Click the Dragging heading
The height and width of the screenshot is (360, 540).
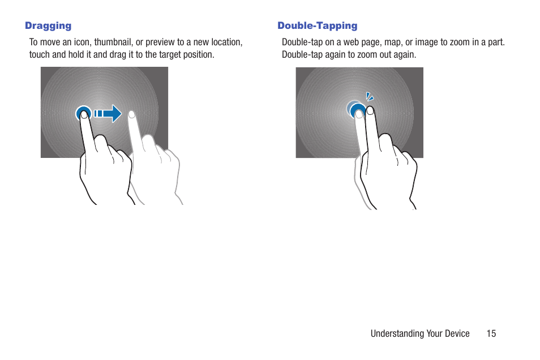click(x=48, y=25)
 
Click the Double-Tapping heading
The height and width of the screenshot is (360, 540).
click(x=317, y=25)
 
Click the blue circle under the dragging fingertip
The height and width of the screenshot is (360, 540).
click(x=83, y=114)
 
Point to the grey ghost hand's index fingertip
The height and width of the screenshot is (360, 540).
click(x=132, y=114)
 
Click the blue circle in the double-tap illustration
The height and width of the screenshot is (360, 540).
click(x=357, y=111)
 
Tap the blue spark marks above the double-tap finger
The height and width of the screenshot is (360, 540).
click(x=369, y=97)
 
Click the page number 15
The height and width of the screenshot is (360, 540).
click(x=491, y=333)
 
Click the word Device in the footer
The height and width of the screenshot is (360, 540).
click(x=457, y=333)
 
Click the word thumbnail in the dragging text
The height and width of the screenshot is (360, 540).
click(x=113, y=42)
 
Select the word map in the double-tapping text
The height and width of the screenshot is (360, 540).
click(x=393, y=42)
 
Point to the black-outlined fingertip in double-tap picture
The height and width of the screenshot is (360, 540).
click(x=370, y=109)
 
